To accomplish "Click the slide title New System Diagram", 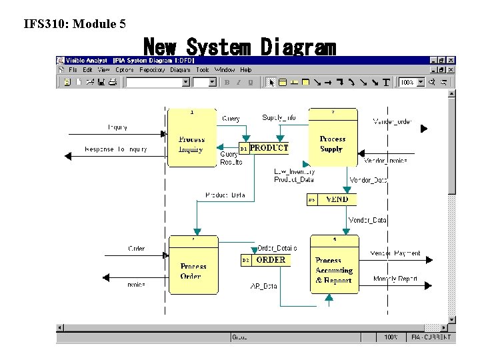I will tap(240, 48).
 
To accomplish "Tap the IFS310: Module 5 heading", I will tap(75, 25).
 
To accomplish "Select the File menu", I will tap(72, 70).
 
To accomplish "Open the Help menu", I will tap(246, 70).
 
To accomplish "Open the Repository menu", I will tap(152, 70).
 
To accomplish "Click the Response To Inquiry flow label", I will tap(116, 149).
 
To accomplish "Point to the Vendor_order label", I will tap(393, 121).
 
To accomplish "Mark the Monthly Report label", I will tap(395, 279).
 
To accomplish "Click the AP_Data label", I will tap(263, 286).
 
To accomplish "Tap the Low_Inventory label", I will tap(294, 172).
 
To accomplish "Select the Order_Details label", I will tap(277, 248).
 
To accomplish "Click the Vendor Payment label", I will tap(395, 253).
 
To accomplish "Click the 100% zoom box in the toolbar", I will tap(407, 83).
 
